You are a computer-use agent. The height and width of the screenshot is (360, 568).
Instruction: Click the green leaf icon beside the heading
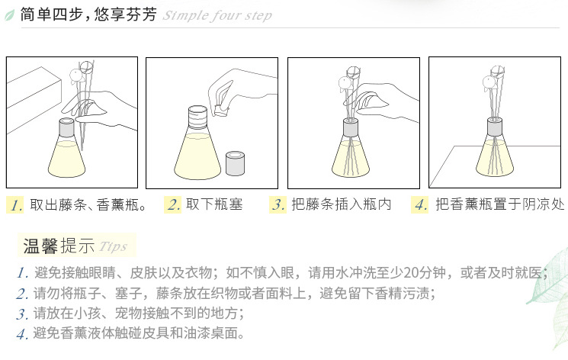[x=9, y=15]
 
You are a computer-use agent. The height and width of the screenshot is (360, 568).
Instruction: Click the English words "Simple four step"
[x=217, y=15]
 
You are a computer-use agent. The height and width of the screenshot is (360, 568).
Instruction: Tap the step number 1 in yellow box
[x=15, y=205]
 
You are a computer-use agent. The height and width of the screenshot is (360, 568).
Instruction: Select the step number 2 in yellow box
[x=173, y=204]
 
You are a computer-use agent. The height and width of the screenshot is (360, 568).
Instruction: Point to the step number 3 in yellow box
[x=278, y=204]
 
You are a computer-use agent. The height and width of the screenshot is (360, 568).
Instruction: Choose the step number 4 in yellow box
[x=420, y=204]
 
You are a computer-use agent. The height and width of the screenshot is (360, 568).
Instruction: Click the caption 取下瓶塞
[x=214, y=204]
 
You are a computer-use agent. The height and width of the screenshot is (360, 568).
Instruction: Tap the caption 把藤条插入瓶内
[x=342, y=204]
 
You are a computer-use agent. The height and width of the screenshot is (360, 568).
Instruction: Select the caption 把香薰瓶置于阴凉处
[x=500, y=204]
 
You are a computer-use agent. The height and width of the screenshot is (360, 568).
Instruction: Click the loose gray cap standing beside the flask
[x=235, y=163]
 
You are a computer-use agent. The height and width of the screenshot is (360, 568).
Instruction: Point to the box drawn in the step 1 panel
[x=34, y=98]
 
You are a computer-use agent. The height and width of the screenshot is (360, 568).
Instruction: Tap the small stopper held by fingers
[x=221, y=110]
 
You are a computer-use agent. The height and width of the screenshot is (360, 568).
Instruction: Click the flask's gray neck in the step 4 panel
[x=495, y=126]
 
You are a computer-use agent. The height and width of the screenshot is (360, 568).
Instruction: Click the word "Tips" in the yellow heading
[x=113, y=246]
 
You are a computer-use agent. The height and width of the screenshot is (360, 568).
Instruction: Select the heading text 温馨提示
[x=59, y=246]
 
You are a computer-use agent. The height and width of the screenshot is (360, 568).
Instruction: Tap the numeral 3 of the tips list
[x=22, y=314]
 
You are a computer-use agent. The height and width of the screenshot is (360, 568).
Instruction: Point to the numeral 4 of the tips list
[x=22, y=334]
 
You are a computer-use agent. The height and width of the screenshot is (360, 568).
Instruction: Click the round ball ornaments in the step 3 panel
[x=348, y=77]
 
